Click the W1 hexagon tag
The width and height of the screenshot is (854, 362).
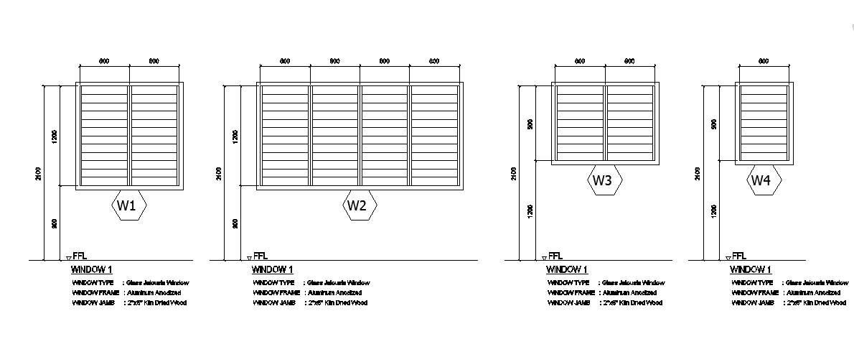tap(129, 206)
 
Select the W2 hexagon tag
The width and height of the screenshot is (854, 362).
tap(357, 206)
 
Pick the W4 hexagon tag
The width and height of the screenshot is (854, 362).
tap(761, 182)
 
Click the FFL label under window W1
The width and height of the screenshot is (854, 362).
tap(80, 256)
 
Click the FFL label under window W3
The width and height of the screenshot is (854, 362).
tap(555, 256)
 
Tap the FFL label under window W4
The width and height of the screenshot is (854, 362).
tap(739, 256)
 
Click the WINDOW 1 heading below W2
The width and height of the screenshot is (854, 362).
tap(272, 270)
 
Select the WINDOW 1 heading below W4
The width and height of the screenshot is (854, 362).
tap(751, 270)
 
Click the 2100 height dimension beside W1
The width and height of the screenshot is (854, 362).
tap(39, 172)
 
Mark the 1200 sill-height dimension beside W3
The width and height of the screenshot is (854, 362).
tap(530, 210)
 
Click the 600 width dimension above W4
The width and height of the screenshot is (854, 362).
tap(764, 62)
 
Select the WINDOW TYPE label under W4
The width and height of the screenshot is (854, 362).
tap(752, 283)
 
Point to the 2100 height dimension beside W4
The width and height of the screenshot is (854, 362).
tap(697, 172)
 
